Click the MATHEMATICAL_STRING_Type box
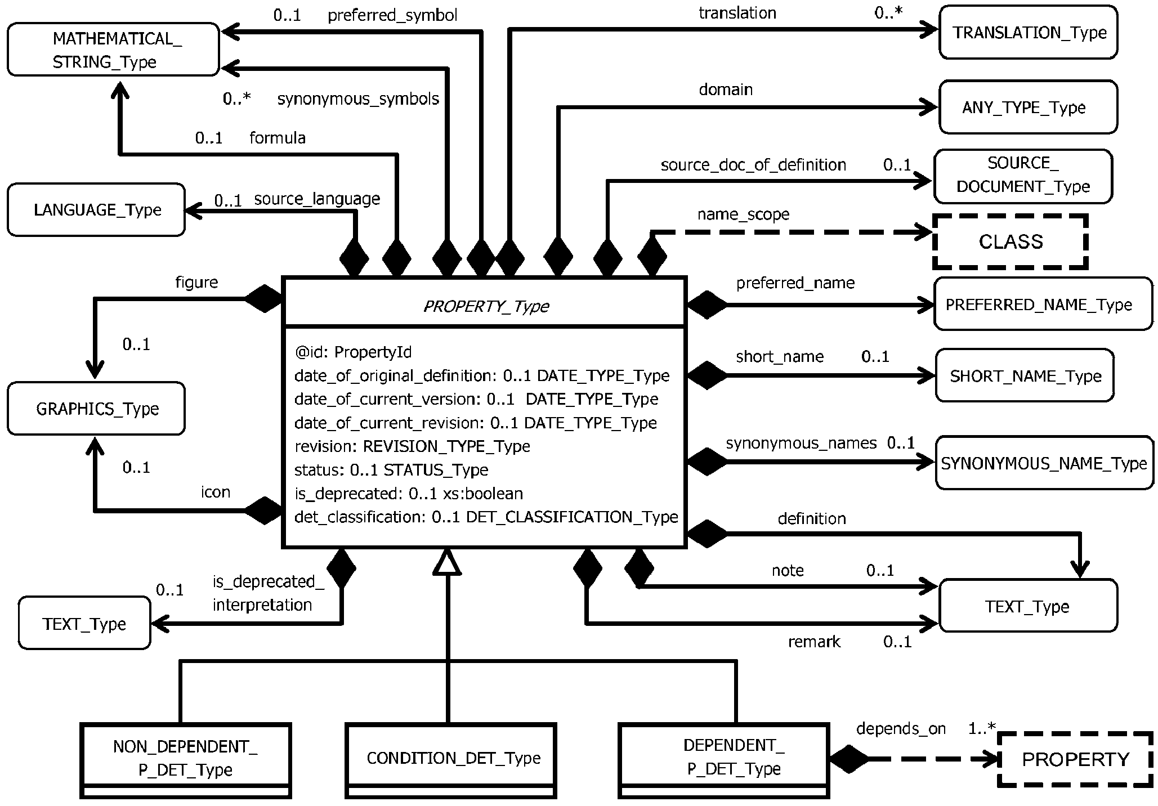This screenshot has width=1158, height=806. (113, 50)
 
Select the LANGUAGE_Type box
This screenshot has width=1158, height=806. (96, 210)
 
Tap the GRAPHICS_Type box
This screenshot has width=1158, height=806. (96, 409)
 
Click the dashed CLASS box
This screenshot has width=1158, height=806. (1011, 241)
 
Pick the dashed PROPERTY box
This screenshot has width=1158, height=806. (1075, 759)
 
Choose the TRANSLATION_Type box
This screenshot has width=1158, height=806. (1029, 33)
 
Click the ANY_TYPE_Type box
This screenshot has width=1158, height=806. (1029, 108)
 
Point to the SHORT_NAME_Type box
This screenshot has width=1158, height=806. (1025, 376)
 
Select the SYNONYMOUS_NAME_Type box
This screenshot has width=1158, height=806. (1044, 463)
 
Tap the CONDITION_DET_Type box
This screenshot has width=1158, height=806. (451, 758)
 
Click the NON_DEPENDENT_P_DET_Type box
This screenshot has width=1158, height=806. (186, 758)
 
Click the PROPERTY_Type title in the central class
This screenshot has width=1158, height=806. (485, 306)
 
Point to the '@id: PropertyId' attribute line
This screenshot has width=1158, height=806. (353, 352)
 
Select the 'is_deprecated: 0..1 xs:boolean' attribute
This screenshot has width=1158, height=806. (409, 494)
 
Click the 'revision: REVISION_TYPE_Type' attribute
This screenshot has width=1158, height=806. (412, 446)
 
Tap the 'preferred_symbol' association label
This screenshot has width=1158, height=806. (392, 15)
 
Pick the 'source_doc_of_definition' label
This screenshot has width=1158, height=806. (753, 165)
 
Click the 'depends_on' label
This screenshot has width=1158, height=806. (901, 729)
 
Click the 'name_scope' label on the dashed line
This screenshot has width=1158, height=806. (743, 214)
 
